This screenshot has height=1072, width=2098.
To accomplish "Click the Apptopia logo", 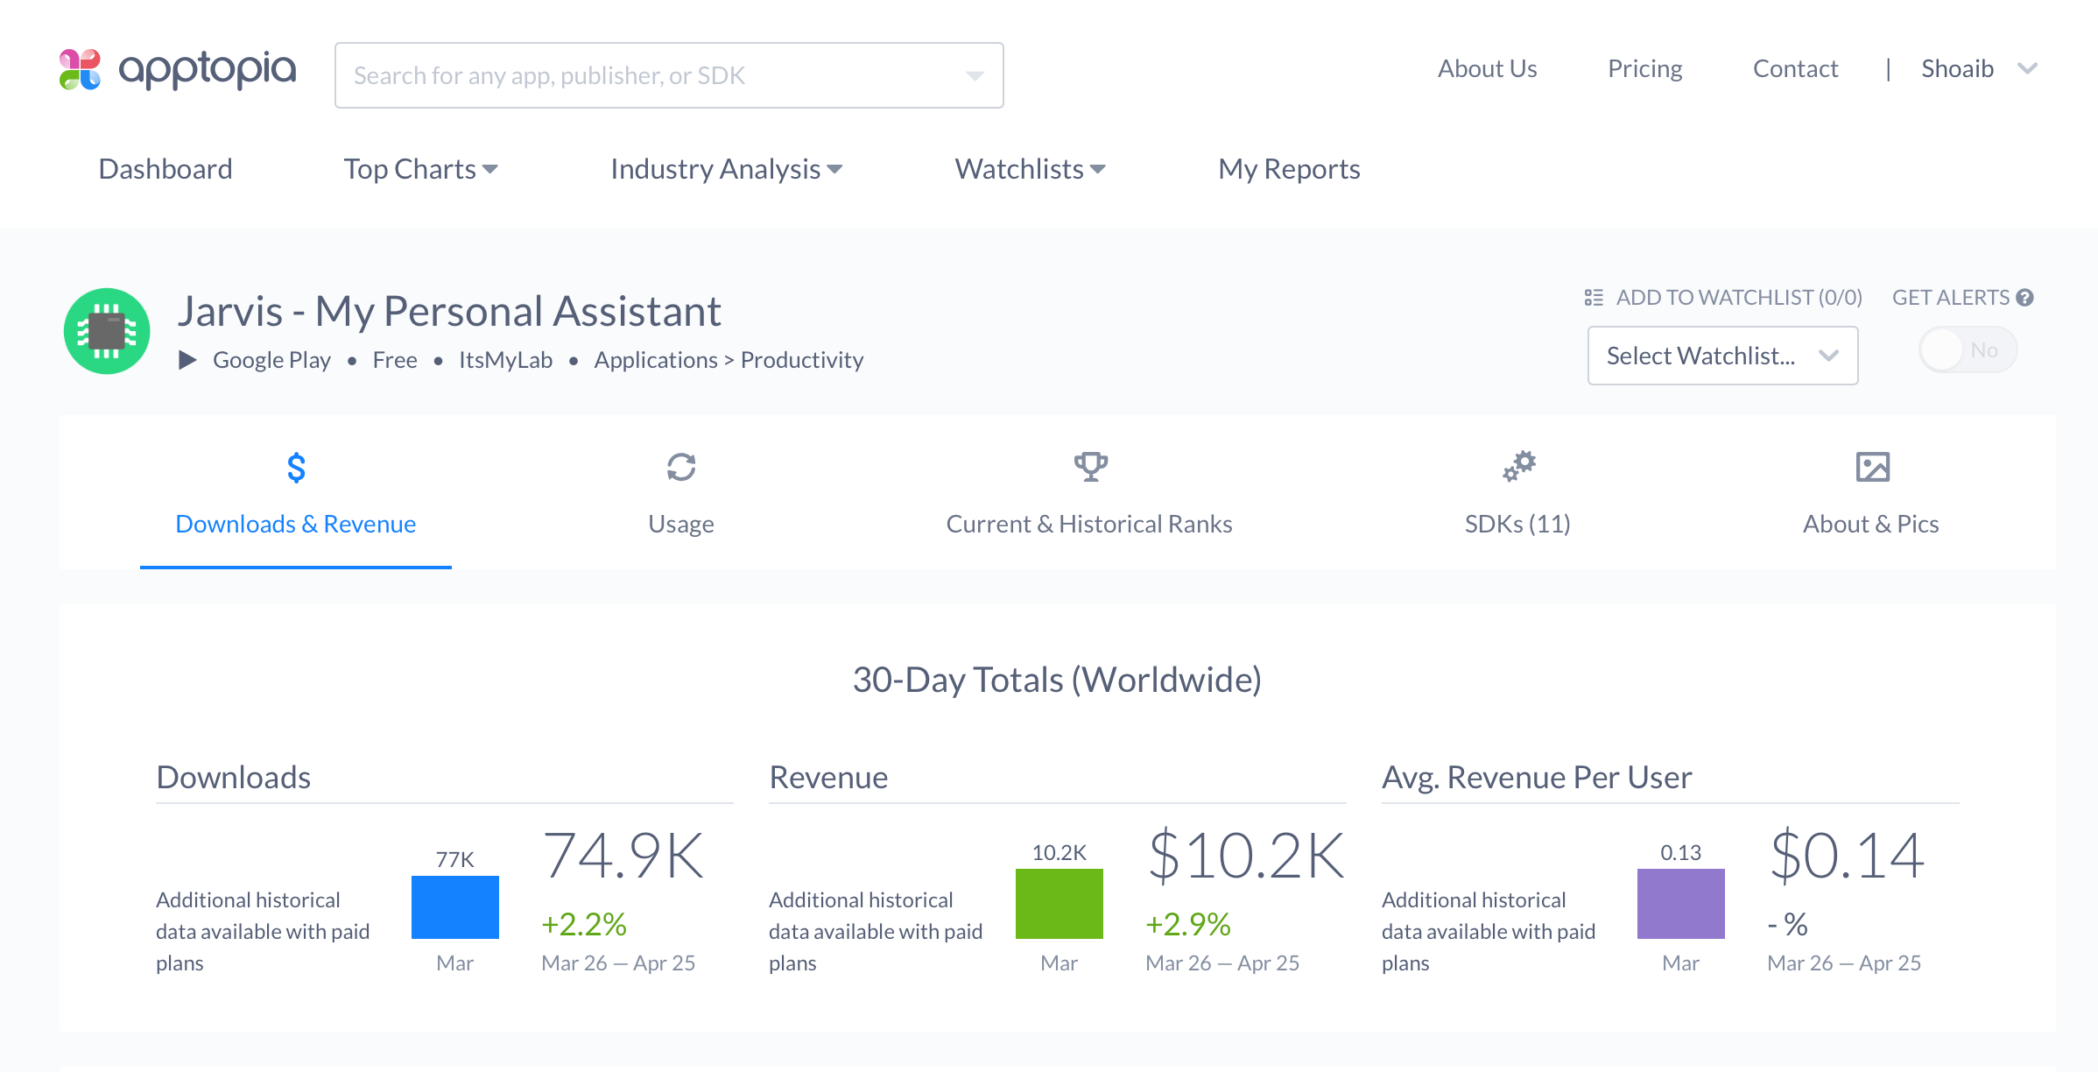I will pos(178,70).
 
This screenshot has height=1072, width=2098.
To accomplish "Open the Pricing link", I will pos(1644,68).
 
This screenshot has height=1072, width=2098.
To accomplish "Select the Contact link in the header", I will pos(1795,68).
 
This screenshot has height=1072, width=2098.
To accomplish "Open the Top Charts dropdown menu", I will pos(420,169).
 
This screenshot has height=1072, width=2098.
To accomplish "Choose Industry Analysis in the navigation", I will pos(726,169).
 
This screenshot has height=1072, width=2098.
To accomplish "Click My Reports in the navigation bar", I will pos(1289,169).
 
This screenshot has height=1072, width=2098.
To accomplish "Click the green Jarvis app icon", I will pos(107,331).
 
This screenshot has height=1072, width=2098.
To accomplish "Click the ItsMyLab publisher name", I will pos(505,360).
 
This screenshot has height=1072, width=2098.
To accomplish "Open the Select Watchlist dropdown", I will pos(1721,356).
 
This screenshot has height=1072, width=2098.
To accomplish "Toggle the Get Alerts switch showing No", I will pos(1967,350).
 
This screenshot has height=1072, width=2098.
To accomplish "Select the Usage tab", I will pos(680,524).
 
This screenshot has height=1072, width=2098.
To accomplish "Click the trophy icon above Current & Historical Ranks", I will pos(1090,467).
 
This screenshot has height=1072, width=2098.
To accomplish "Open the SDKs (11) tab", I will pos(1517,524).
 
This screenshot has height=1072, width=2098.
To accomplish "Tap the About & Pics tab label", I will pos(1870,524).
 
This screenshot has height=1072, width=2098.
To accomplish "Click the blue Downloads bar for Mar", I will pos(455,907).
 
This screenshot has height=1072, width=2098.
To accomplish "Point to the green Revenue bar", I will pos(1059,904).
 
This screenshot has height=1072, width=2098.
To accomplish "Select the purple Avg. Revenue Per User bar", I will pos(1680,904).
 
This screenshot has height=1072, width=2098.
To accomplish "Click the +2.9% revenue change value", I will pos(1188,924).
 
